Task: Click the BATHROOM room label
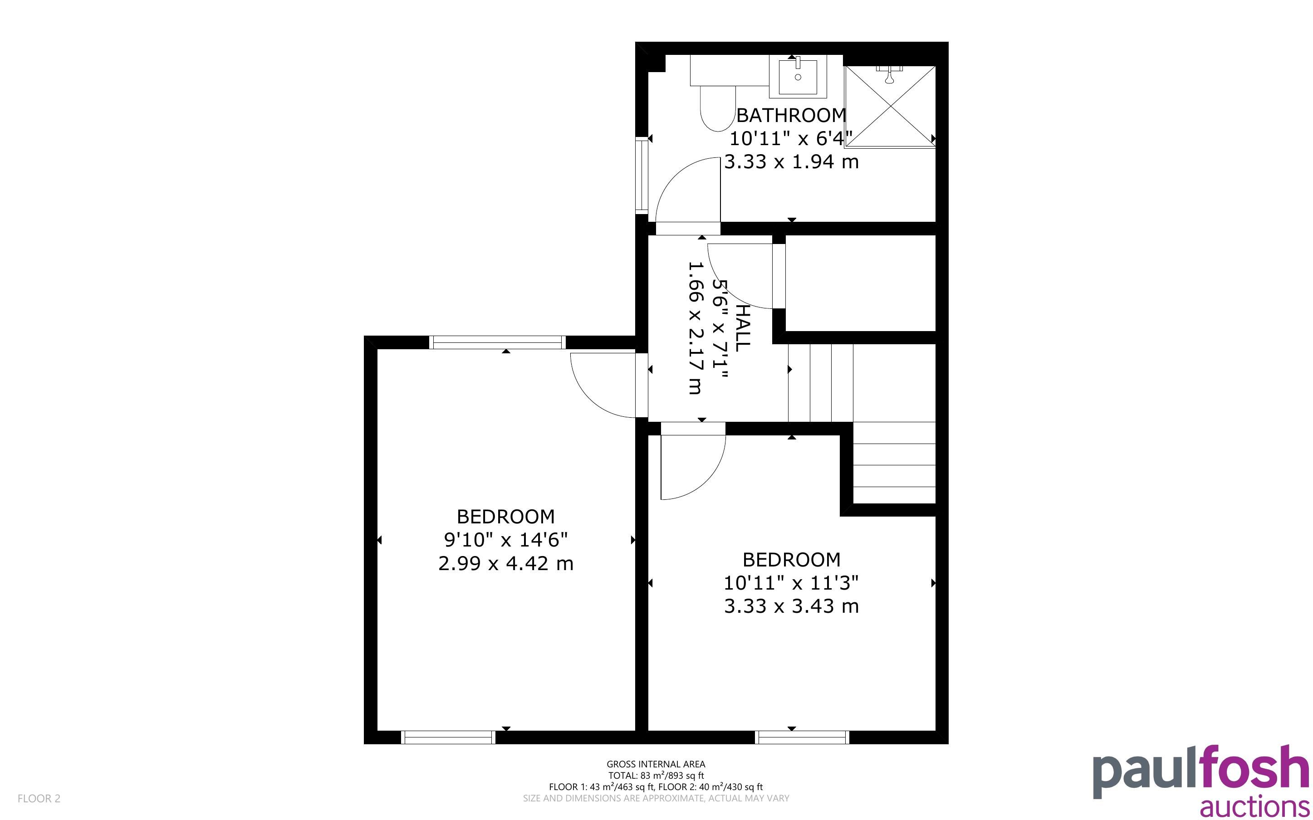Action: point(791,115)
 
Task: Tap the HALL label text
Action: point(741,327)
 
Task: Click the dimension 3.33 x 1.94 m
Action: point(791,161)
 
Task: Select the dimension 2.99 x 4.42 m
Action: point(505,563)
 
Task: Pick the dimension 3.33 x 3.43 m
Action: point(791,606)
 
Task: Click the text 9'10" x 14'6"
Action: point(505,540)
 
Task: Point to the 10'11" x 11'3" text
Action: point(791,582)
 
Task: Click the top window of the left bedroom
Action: point(497,342)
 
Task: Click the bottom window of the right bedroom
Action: point(802,737)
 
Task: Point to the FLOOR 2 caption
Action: point(39,798)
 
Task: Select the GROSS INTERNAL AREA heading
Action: point(656,764)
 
